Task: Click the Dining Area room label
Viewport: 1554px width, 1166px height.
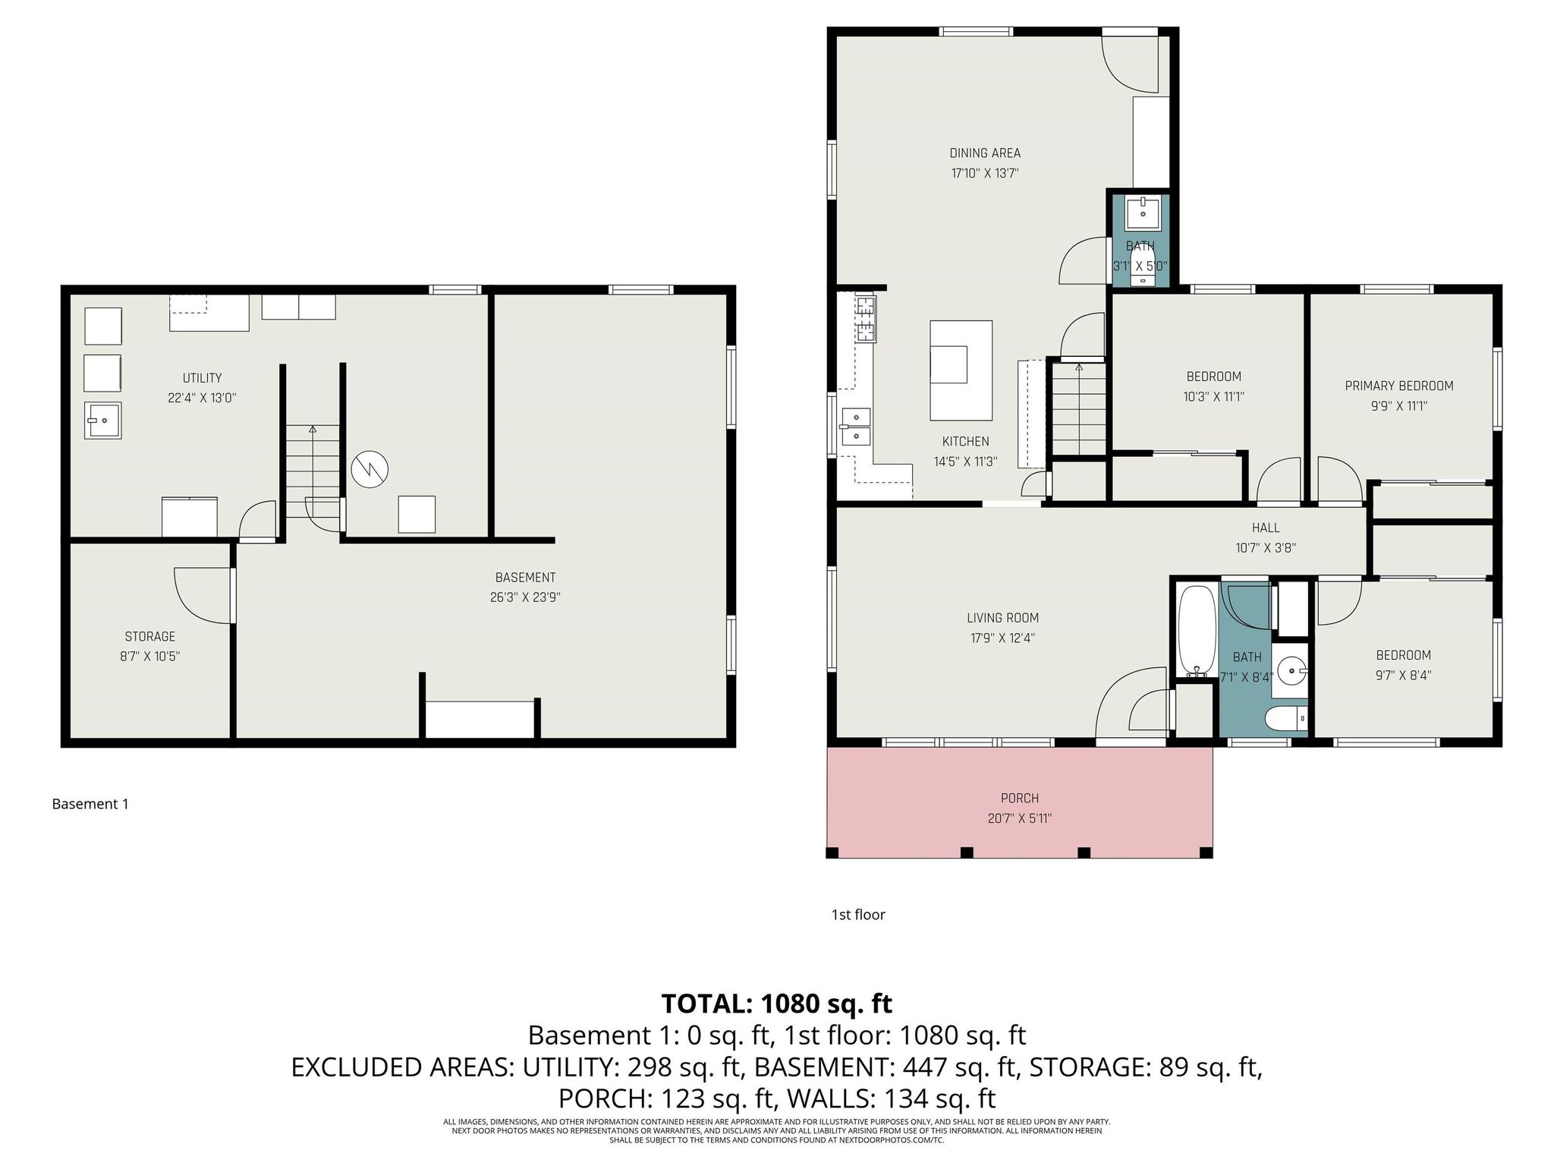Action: coord(985,153)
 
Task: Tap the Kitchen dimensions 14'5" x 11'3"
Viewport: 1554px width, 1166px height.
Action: coord(965,462)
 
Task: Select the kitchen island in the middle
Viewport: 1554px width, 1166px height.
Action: coord(961,370)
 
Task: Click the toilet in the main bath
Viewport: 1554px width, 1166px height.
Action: coord(1288,717)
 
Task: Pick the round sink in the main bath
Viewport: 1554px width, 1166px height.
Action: coord(1291,670)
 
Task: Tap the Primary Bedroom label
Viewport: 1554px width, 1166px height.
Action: coord(1399,386)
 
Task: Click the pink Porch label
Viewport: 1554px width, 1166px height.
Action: coord(1020,799)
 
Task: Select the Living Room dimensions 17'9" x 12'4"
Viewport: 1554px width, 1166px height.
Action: coord(1002,638)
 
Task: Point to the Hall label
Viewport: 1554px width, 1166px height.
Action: coord(1266,528)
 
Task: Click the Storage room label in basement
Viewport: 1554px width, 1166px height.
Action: coord(150,637)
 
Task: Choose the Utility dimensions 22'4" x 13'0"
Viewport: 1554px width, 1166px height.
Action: coord(203,398)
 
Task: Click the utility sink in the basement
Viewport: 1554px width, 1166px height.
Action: coord(102,420)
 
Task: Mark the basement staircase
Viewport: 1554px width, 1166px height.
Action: coord(313,471)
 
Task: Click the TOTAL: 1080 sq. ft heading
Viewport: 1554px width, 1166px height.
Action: coord(777,1004)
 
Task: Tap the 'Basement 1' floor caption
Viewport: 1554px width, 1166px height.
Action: coord(90,804)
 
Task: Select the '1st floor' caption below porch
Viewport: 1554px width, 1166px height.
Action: coord(858,915)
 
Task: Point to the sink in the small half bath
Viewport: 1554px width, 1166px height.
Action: coord(1142,213)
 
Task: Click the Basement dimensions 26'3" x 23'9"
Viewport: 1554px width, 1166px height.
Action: coord(525,597)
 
